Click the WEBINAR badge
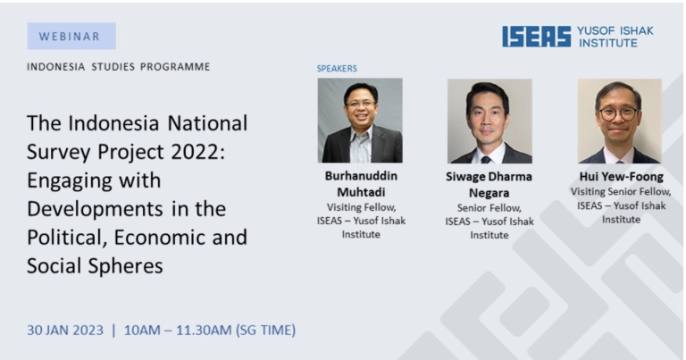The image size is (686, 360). click(x=71, y=36)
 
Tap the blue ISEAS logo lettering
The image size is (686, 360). click(x=536, y=37)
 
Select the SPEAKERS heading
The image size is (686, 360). click(x=337, y=68)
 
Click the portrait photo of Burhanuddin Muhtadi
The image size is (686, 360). click(x=360, y=121)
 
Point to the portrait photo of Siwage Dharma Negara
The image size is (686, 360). click(x=489, y=121)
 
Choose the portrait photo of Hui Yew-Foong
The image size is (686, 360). click(x=620, y=121)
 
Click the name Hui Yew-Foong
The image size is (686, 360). click(x=622, y=176)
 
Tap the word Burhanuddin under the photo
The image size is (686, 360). click(x=361, y=176)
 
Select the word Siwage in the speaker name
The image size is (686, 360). click(x=465, y=177)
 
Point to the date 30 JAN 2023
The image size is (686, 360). click(x=65, y=330)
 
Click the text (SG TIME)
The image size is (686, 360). click(x=265, y=330)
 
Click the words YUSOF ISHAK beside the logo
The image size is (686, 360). click(x=615, y=30)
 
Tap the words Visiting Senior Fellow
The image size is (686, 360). click(x=621, y=191)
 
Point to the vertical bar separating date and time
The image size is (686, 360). click(x=113, y=330)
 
